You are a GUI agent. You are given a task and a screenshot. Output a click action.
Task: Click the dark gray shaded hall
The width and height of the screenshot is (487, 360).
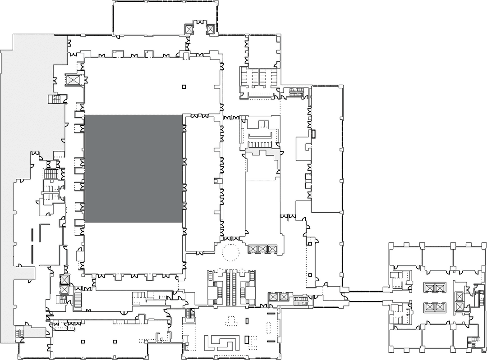[x=133, y=169]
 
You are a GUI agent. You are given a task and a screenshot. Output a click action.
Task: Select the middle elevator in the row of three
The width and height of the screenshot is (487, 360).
[x=262, y=249]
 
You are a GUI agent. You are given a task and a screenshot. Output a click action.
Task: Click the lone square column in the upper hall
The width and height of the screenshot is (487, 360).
[x=184, y=87]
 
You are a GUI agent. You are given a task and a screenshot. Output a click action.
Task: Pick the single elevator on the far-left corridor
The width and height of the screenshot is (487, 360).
[x=73, y=80]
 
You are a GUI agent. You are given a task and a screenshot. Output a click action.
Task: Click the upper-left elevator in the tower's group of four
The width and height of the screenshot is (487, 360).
[x=429, y=287]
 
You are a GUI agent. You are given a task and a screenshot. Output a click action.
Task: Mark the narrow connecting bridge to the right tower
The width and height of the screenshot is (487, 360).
[x=365, y=296]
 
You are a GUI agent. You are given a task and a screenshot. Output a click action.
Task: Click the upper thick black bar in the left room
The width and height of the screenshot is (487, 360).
[x=32, y=236]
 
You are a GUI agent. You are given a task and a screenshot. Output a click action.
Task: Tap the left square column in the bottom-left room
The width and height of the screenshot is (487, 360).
[x=83, y=341]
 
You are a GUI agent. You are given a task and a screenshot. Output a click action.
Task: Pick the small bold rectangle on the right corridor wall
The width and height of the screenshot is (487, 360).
[x=313, y=134]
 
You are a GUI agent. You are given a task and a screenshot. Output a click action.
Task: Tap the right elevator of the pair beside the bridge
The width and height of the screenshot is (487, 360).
[x=283, y=296]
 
